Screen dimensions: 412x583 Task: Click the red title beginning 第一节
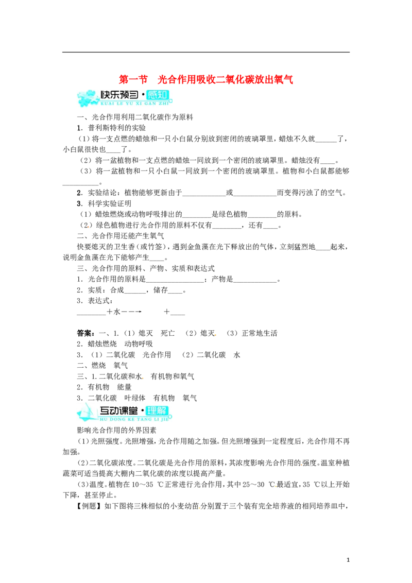click(206, 79)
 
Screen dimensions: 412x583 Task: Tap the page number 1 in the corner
click(348, 560)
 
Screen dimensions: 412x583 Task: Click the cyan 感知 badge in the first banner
click(158, 95)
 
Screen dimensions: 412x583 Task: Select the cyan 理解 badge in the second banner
click(157, 411)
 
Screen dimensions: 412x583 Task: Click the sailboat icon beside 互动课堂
click(88, 413)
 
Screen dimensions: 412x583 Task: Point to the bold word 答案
click(86, 333)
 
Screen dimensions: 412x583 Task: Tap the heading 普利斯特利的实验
click(117, 128)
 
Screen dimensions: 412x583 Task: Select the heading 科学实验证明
click(109, 203)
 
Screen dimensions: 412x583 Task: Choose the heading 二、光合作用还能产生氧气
click(121, 236)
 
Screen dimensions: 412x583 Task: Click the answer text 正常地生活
click(260, 333)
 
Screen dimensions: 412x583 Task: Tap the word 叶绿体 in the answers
click(134, 398)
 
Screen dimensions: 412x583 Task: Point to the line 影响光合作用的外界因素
click(117, 430)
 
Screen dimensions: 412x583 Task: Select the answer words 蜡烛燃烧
click(102, 344)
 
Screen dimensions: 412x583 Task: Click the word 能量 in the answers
click(124, 387)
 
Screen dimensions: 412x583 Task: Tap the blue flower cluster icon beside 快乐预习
click(88, 97)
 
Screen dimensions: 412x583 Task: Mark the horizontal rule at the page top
click(206, 52)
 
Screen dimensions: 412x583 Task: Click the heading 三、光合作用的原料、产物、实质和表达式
click(146, 268)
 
